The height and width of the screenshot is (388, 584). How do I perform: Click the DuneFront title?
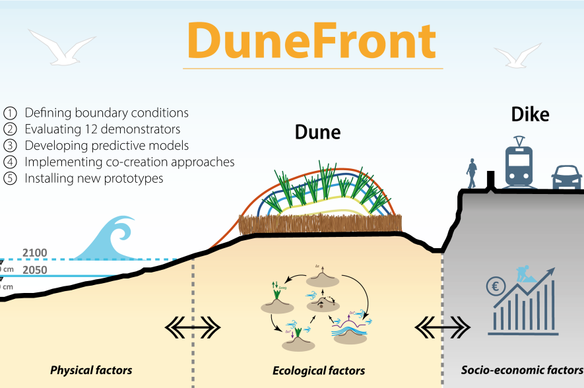pyautogui.click(x=311, y=40)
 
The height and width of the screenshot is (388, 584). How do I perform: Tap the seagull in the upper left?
pyautogui.click(x=62, y=48)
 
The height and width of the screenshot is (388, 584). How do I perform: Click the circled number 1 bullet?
pyautogui.click(x=11, y=113)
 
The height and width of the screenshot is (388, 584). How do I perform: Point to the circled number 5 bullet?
pyautogui.click(x=11, y=179)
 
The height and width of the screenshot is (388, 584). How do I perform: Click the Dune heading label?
pyautogui.click(x=317, y=132)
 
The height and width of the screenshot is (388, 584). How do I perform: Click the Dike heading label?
pyautogui.click(x=531, y=115)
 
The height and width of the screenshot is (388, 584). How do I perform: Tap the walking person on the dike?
pyautogui.click(x=471, y=173)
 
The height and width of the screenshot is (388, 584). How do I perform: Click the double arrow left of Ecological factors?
pyautogui.click(x=193, y=326)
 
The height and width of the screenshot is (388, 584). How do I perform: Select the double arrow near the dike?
pyautogui.click(x=442, y=326)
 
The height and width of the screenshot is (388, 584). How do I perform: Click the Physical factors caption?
pyautogui.click(x=91, y=370)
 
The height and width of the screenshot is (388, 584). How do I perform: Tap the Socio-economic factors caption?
pyautogui.click(x=521, y=370)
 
